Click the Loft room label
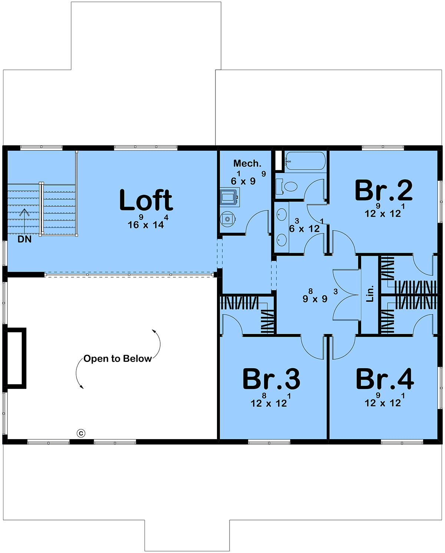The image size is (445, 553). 146,200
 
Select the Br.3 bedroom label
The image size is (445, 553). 271,379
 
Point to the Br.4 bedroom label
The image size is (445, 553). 385,379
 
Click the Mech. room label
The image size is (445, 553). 247,163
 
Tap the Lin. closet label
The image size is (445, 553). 369,294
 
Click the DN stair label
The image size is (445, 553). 24,239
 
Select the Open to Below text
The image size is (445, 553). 117,359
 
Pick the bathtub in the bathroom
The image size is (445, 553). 305,161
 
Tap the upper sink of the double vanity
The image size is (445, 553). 282,214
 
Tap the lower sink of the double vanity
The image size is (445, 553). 282,240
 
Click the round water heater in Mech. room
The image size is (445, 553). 228,219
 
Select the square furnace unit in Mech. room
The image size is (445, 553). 230,197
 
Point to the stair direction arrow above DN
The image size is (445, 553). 24,221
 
